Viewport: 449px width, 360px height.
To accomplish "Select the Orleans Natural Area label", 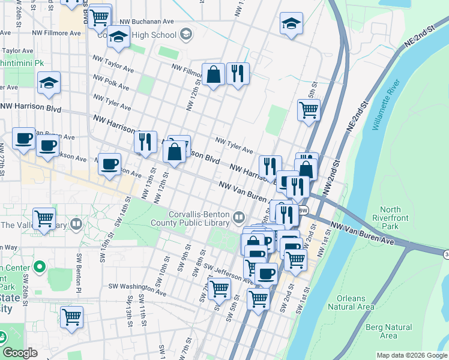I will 351,302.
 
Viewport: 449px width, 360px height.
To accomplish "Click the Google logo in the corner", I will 20,353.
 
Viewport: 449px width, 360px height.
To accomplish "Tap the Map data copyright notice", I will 412,355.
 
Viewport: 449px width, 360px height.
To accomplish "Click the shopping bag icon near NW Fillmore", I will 213,74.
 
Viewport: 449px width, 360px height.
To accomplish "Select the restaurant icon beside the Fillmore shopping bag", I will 238,74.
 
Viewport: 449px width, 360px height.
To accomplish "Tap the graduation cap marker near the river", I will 291,24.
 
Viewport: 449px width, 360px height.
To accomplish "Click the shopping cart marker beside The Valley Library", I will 44,219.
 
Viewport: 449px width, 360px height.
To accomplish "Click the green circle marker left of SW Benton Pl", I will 40,266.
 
